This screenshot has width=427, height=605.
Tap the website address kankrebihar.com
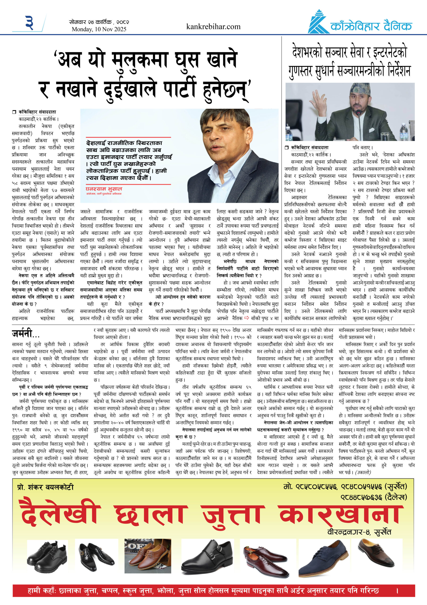coord(213,27)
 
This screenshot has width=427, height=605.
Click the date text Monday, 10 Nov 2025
coord(99,29)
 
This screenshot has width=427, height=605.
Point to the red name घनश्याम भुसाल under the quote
coord(104,189)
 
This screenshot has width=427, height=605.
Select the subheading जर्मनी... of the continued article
coord(25,334)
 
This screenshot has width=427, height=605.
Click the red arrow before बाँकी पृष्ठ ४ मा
coord(247,318)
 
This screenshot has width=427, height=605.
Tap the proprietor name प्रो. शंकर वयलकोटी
coord(45,487)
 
